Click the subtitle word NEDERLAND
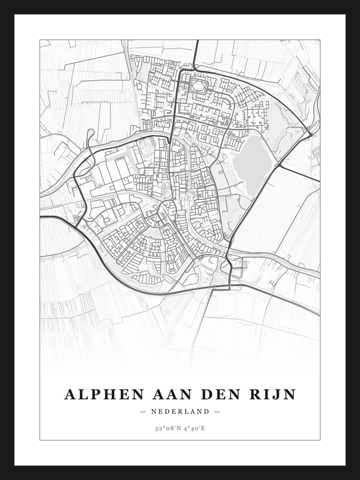[x=180, y=412]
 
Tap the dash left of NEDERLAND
[x=143, y=412]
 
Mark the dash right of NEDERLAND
[x=217, y=412]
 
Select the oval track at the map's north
[x=198, y=85]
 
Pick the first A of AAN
[x=158, y=395]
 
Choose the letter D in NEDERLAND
[x=168, y=412]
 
